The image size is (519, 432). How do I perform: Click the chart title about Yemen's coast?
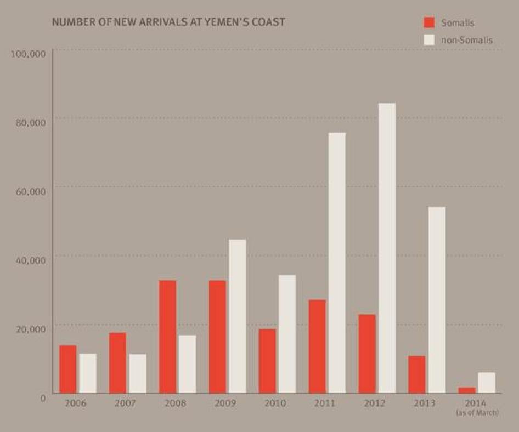coord(168,22)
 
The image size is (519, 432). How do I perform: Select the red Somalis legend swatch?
coord(429,22)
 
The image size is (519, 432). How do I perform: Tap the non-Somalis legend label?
coord(467,39)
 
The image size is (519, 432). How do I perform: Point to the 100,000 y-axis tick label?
coord(27,54)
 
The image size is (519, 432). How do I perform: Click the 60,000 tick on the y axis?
coord(30,191)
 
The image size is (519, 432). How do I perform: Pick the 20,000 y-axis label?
coord(30,328)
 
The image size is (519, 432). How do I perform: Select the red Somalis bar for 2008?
coord(167,337)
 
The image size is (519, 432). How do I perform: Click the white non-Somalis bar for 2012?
coord(386,248)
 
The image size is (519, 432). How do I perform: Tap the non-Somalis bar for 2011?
coord(336,263)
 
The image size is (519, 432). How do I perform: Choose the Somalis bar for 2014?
coord(466,390)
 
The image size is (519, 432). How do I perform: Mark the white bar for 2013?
coord(436,300)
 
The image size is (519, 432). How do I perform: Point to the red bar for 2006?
coord(67,369)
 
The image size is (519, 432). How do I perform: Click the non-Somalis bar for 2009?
coord(237,316)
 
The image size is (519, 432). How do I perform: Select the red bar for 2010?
coord(267,361)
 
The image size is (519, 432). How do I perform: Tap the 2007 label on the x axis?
coord(125,403)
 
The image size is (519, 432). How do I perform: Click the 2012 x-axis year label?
coord(374,403)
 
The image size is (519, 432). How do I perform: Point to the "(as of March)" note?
coord(477,412)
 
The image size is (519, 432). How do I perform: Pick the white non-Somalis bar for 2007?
coord(137,373)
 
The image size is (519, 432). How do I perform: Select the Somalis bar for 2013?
coord(416,374)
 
